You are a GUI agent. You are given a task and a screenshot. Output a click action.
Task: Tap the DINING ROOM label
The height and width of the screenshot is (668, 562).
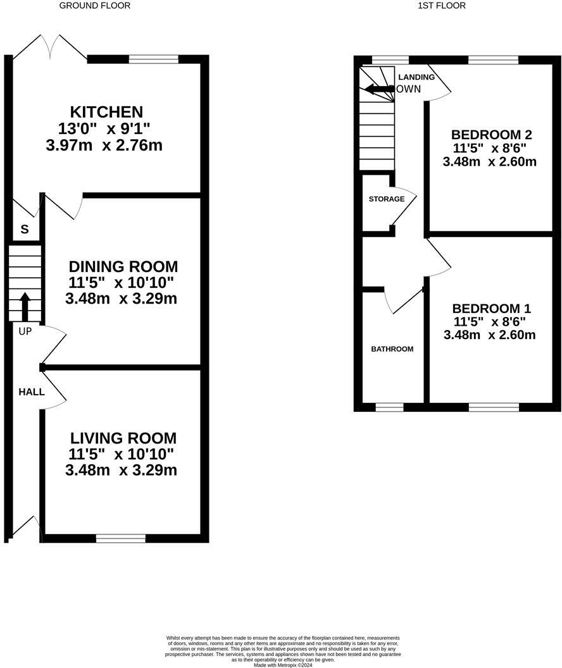point(123,266)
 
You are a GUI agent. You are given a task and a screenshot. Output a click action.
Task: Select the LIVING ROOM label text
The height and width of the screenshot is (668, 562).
point(123,438)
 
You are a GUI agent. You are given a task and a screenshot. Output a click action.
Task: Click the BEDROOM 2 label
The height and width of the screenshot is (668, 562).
point(491,134)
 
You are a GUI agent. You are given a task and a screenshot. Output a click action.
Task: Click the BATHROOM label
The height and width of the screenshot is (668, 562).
point(392,349)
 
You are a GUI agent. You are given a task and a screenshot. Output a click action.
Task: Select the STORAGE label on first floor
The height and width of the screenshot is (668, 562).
point(387,199)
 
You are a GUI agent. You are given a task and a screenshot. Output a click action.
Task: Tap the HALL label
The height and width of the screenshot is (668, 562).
point(31,392)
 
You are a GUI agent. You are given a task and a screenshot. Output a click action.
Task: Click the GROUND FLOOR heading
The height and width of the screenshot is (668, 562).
point(95,6)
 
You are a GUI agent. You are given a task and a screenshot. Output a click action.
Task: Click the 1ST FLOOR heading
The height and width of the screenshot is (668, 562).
point(442,6)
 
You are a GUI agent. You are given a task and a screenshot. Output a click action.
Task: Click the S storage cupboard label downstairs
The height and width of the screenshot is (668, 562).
point(24,230)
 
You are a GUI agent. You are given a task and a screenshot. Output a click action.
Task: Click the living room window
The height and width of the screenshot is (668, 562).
point(120,538)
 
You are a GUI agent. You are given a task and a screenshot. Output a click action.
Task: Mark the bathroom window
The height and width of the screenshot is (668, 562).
point(389,407)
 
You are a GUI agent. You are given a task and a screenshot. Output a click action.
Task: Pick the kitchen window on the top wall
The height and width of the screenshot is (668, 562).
point(154,59)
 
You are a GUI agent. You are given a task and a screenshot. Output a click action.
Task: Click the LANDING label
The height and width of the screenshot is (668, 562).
point(416,77)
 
